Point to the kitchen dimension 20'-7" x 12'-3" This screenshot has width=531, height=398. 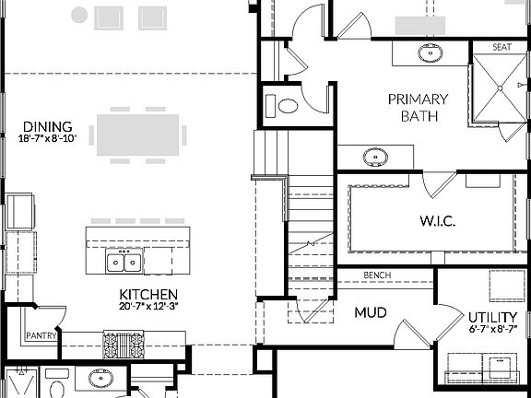tap(147, 306)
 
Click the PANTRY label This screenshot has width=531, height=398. tap(42, 335)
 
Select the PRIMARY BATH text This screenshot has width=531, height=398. tap(418, 108)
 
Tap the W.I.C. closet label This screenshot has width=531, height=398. tap(433, 221)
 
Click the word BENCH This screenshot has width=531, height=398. tap(378, 275)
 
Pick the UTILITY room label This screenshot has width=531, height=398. tap(485, 318)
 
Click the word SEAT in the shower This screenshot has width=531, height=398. tap(501, 47)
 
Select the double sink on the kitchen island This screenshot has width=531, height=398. tap(124, 263)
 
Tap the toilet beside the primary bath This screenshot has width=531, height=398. tap(288, 104)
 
